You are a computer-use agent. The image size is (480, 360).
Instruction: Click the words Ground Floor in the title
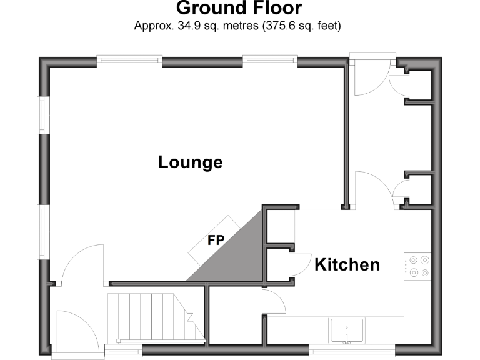pyautogui.click(x=239, y=9)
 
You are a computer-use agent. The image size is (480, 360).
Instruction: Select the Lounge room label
pyautogui.click(x=190, y=162)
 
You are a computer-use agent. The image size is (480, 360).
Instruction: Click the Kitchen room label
pyautogui.click(x=347, y=264)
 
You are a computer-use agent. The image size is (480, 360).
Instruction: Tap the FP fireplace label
pyautogui.click(x=216, y=240)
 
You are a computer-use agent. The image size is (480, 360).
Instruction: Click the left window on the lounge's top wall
pyautogui.click(x=129, y=61)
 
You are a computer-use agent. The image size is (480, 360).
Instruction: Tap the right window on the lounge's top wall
pyautogui.click(x=269, y=61)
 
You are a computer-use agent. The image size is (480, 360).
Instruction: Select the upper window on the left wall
pyautogui.click(x=42, y=115)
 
